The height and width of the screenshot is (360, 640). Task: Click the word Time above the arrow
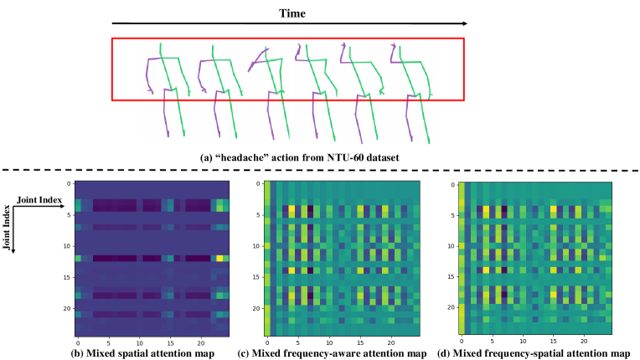[293, 13]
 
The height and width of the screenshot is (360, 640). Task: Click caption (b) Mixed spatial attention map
[142, 352]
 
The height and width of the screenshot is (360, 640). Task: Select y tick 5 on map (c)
[257, 215]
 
